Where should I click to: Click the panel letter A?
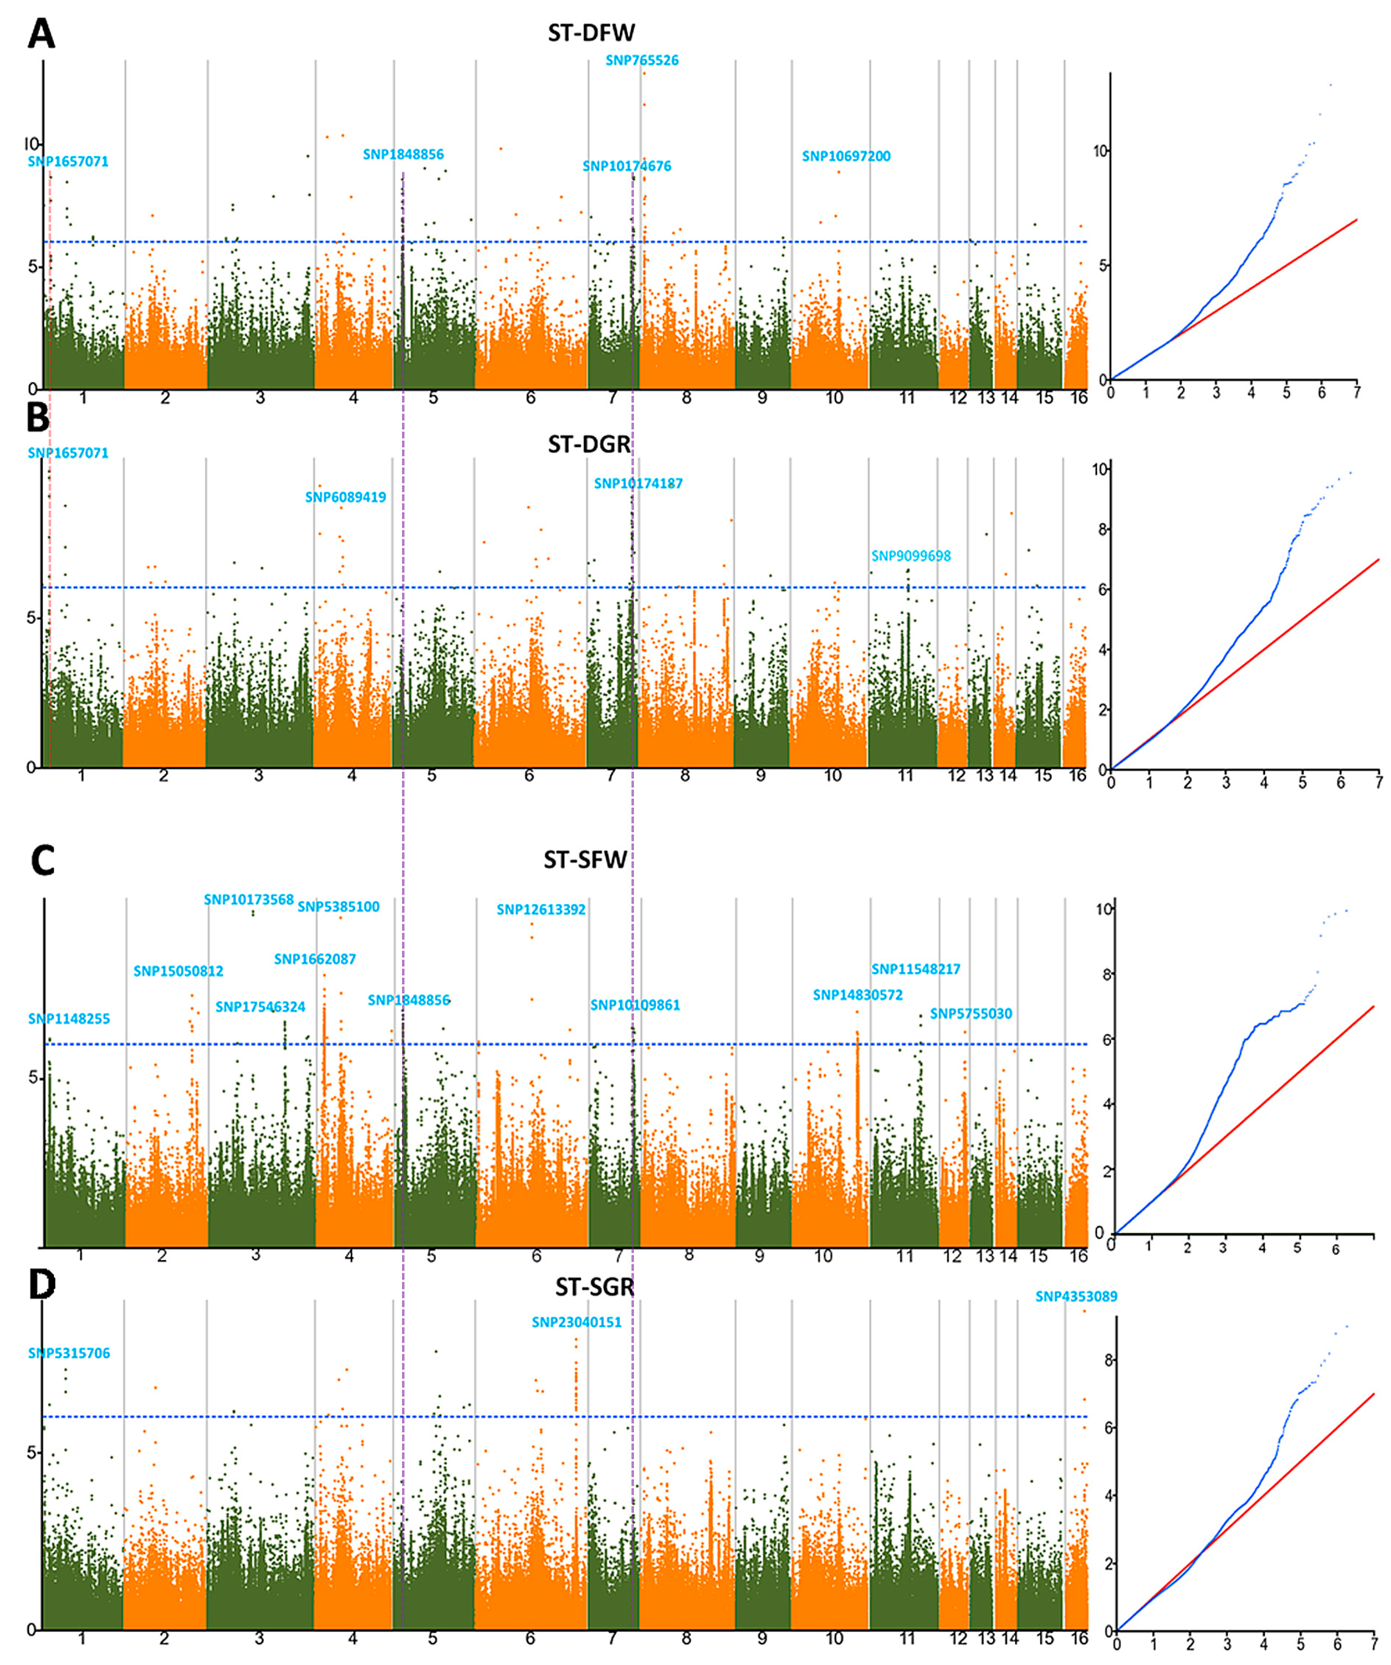(x=41, y=35)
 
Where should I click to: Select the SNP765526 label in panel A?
(x=642, y=60)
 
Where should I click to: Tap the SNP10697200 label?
(x=846, y=156)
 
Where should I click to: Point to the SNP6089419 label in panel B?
(x=345, y=497)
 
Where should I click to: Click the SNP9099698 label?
(x=911, y=556)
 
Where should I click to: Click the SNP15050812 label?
(x=178, y=971)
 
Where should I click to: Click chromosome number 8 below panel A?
(x=686, y=398)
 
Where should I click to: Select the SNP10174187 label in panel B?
(x=638, y=483)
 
